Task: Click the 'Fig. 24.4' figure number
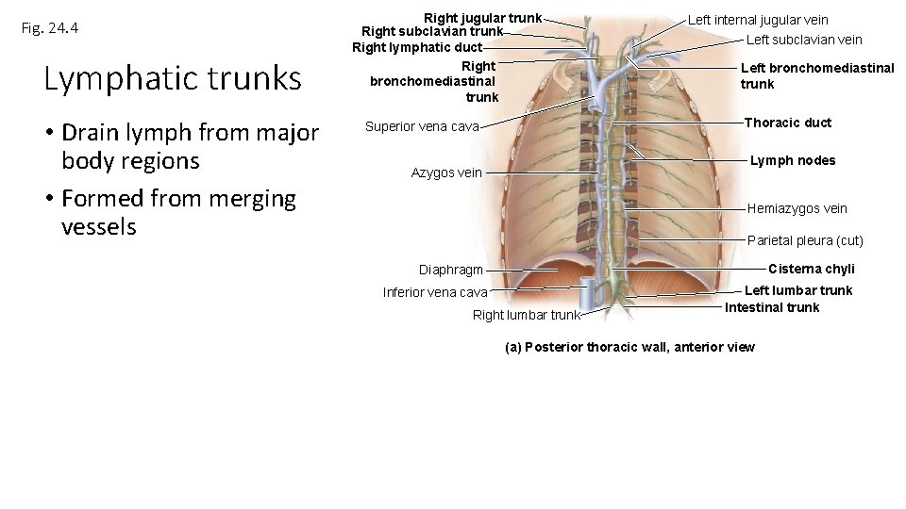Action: pos(50,28)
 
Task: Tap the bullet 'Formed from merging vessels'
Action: pos(178,213)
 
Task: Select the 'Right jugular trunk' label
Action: pos(482,18)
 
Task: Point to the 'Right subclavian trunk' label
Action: pos(432,31)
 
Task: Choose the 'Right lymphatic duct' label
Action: pos(417,47)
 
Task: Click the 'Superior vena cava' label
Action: pos(422,126)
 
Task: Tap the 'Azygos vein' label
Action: pos(446,172)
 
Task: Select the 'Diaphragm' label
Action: pos(451,271)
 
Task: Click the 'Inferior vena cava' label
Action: pos(435,292)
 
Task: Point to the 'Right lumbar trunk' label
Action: pos(526,315)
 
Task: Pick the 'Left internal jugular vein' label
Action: pos(758,20)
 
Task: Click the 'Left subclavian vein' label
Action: pos(804,40)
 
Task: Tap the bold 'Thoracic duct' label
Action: pos(788,123)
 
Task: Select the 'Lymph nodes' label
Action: pos(793,160)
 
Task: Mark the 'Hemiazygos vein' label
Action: pos(797,208)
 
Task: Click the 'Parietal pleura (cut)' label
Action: pos(805,240)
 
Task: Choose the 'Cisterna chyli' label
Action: pos(812,269)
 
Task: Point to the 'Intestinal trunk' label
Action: pos(772,307)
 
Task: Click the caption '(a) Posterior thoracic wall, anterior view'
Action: pos(630,347)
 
